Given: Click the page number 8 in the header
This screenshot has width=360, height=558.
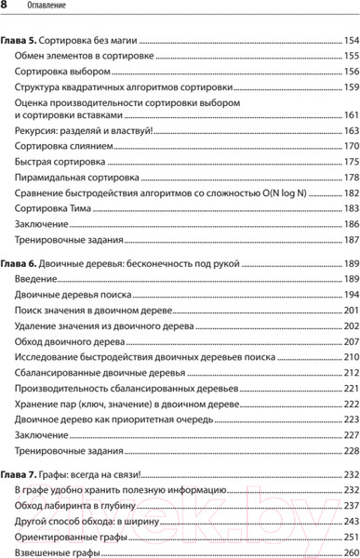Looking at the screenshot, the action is [x=6, y=7].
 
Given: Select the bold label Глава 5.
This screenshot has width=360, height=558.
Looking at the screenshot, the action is [x=21, y=42].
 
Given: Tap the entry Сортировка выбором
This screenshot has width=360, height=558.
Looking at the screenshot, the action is [x=63, y=72].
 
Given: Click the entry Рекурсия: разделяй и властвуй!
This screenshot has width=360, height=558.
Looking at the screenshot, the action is [x=90, y=132].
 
